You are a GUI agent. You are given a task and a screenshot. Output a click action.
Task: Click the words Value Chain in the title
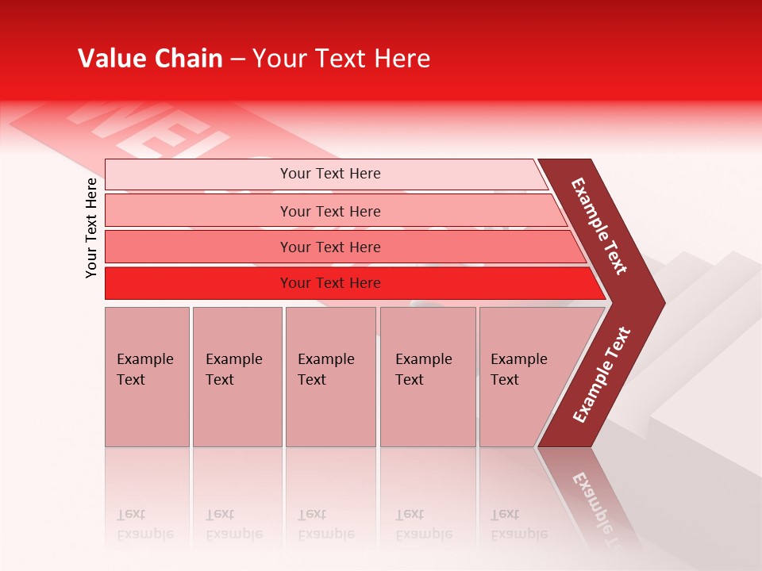pyautogui.click(x=150, y=59)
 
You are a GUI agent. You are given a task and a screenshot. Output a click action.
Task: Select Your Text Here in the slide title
pyautogui.click(x=341, y=59)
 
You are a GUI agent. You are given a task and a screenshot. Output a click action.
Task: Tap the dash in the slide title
pyautogui.click(x=237, y=59)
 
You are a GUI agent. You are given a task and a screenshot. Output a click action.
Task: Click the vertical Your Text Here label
pyautogui.click(x=91, y=228)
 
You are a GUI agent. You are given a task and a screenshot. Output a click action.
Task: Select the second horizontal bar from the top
pyautogui.click(x=329, y=211)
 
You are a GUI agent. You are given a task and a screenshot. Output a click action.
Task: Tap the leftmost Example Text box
pyautogui.click(x=147, y=377)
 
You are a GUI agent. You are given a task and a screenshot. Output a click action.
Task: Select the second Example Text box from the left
pyautogui.click(x=237, y=377)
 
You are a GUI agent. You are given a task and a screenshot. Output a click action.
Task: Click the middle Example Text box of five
pyautogui.click(x=330, y=377)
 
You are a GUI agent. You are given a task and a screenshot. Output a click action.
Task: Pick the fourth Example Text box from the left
pyautogui.click(x=427, y=377)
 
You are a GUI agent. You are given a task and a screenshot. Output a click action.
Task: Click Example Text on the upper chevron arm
pyautogui.click(x=599, y=226)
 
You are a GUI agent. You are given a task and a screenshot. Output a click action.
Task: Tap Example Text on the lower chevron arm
pyautogui.click(x=602, y=375)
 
